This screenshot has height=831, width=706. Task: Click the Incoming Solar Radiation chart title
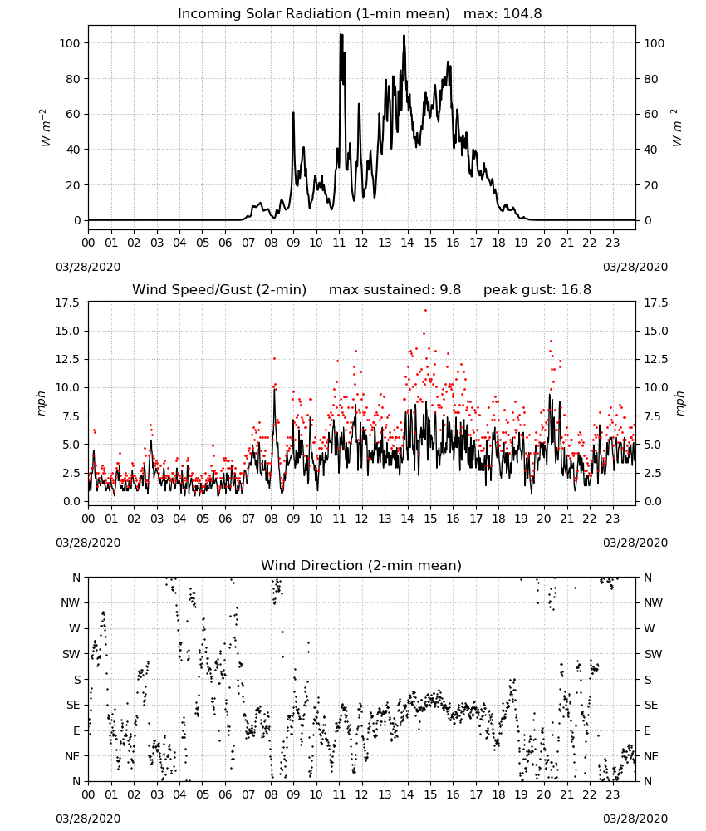point(313,13)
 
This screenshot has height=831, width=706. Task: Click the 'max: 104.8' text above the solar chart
point(503,13)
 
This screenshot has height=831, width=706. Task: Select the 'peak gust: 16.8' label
point(537,289)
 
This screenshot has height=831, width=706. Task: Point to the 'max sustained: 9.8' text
point(395,289)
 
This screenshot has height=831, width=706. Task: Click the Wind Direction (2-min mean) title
point(361,565)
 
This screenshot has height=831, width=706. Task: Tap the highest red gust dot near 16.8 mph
point(425,310)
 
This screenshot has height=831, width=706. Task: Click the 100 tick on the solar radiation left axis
point(70,43)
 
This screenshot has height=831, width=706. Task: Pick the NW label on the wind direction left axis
point(71,602)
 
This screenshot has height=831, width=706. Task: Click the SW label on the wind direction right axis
point(653,654)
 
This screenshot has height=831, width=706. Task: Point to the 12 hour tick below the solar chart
point(361,243)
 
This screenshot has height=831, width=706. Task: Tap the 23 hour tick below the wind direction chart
point(612,795)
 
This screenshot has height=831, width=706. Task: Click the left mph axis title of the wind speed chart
point(42,403)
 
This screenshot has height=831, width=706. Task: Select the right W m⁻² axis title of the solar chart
point(678,128)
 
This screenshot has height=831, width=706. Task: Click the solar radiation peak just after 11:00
point(341,34)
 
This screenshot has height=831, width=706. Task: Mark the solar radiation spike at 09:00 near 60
point(293,112)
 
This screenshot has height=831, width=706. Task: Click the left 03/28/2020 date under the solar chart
point(88,267)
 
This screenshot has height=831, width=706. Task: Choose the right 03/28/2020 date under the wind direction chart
point(635,819)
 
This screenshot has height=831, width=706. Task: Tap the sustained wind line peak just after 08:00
point(274,390)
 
